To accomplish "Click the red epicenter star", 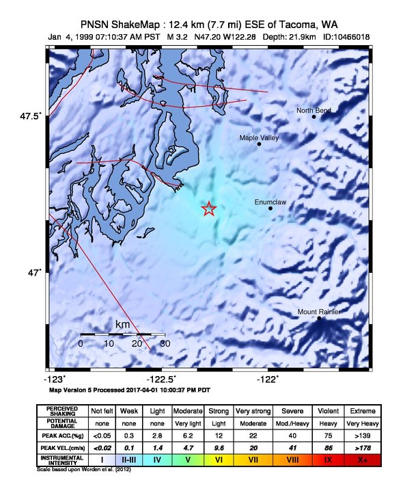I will [x=209, y=209].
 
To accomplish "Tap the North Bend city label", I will [x=313, y=110].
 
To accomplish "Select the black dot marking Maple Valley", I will [x=259, y=144].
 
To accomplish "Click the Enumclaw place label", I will [x=270, y=202].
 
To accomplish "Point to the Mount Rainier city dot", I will [x=319, y=318].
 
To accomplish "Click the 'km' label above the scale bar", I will [x=123, y=324].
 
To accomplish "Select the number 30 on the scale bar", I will [x=165, y=343].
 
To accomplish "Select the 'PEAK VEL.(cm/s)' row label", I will [x=62, y=447].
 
